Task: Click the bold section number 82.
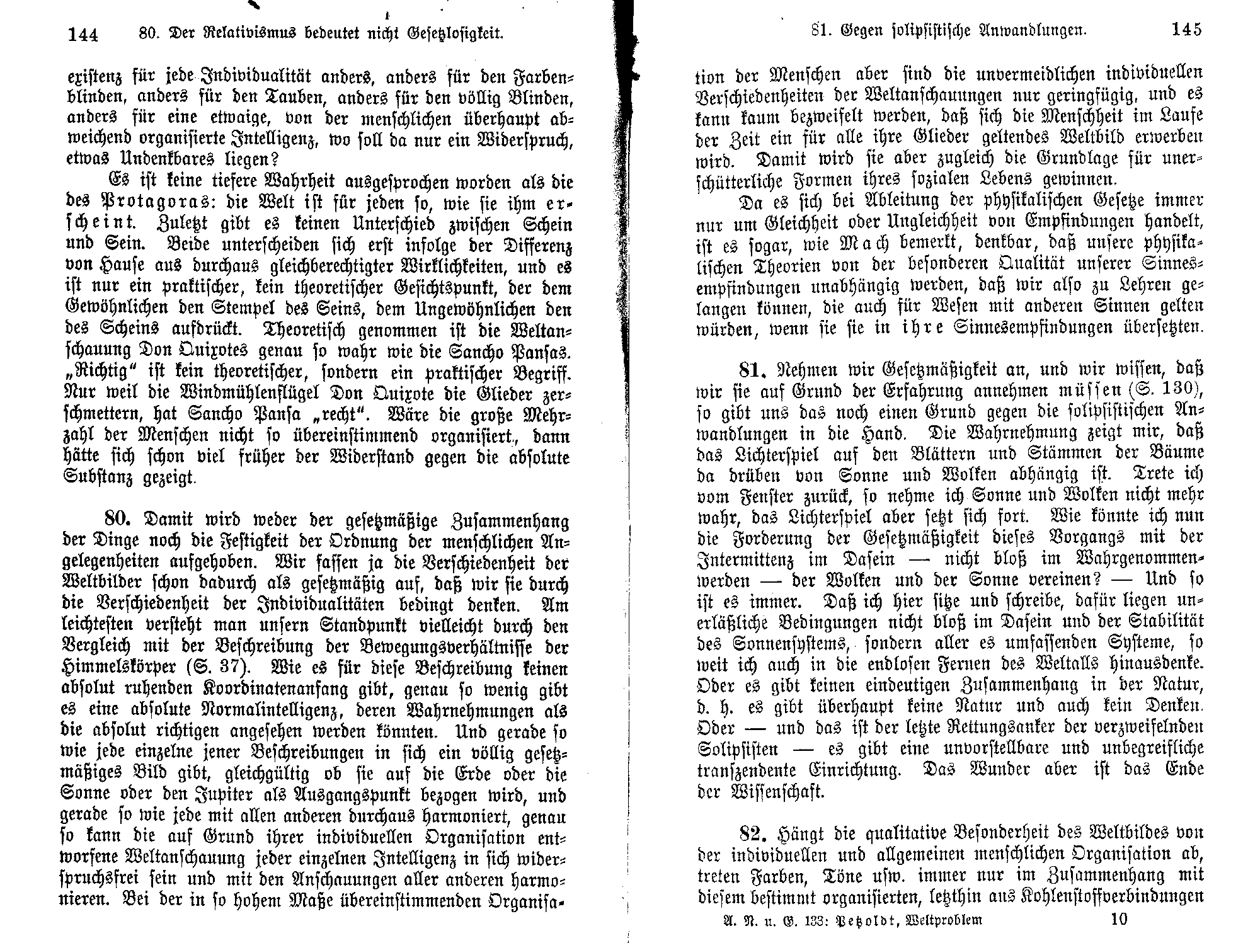pos(755,833)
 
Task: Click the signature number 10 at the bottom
pos(1119,919)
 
